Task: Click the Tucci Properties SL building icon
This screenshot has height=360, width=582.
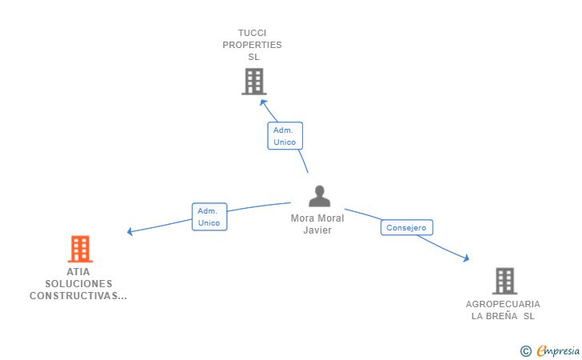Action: [253, 82]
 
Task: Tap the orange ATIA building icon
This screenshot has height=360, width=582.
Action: [80, 250]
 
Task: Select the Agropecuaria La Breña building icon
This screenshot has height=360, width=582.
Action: [504, 281]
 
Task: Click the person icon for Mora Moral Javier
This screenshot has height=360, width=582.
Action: [319, 197]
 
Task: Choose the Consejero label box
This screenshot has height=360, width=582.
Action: [407, 228]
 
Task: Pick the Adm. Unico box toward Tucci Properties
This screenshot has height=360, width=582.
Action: [285, 136]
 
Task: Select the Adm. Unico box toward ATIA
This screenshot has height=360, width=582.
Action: [209, 217]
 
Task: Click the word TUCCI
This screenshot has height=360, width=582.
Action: [252, 33]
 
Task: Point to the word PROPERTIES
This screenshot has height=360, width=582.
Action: [252, 45]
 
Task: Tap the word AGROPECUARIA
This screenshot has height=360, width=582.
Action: [503, 304]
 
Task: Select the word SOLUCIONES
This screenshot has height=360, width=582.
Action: [78, 283]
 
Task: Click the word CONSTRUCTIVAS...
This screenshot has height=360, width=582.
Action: [78, 295]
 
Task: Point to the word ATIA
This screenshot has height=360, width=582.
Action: [78, 271]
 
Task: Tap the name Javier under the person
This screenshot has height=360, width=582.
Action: [317, 230]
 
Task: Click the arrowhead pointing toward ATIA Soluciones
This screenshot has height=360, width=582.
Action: [130, 232]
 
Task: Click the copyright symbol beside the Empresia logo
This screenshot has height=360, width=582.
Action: [525, 350]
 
